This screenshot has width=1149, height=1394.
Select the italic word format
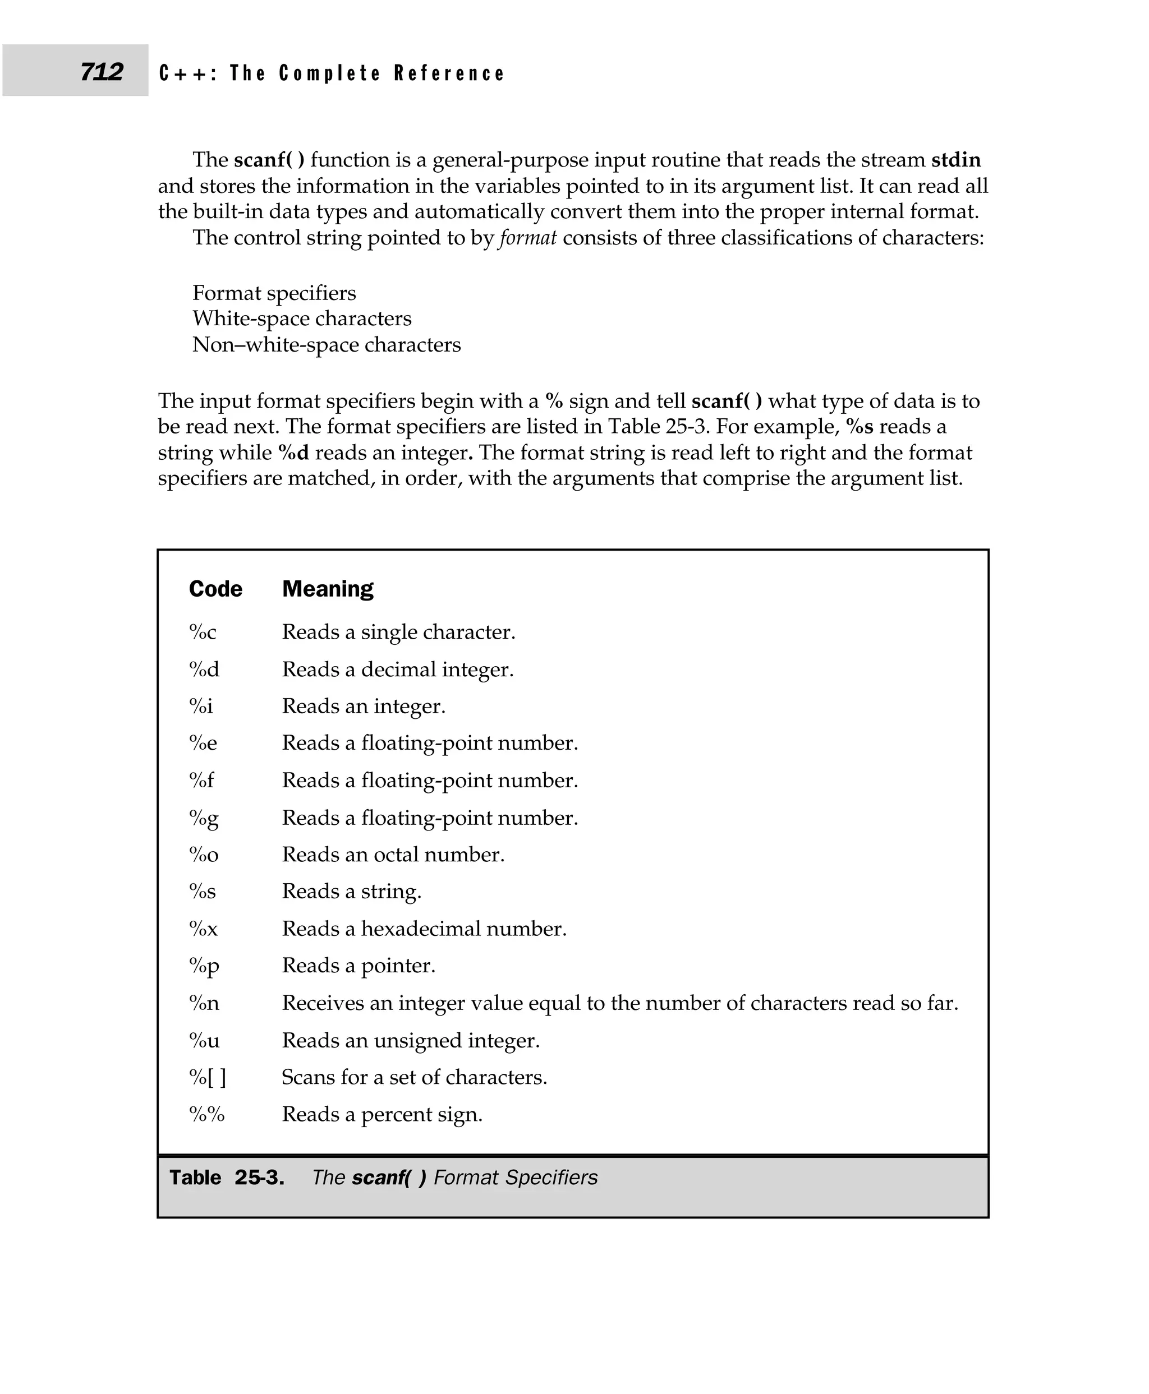tap(527, 238)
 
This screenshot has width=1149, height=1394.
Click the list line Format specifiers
tap(274, 293)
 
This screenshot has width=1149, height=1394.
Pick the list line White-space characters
tap(302, 319)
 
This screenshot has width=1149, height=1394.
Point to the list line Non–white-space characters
tap(327, 345)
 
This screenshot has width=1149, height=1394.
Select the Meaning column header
tap(328, 589)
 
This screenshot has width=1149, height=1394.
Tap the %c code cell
tap(203, 633)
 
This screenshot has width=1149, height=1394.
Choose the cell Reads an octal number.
tap(393, 855)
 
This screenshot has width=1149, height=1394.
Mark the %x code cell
tap(203, 929)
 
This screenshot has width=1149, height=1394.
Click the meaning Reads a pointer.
tap(359, 966)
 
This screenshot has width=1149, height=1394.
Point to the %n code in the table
tap(204, 1004)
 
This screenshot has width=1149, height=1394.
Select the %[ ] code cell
tap(207, 1077)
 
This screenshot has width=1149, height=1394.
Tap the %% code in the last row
tap(206, 1115)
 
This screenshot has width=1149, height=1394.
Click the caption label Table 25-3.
tap(226, 1178)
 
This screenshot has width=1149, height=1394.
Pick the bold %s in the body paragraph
tap(859, 427)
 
